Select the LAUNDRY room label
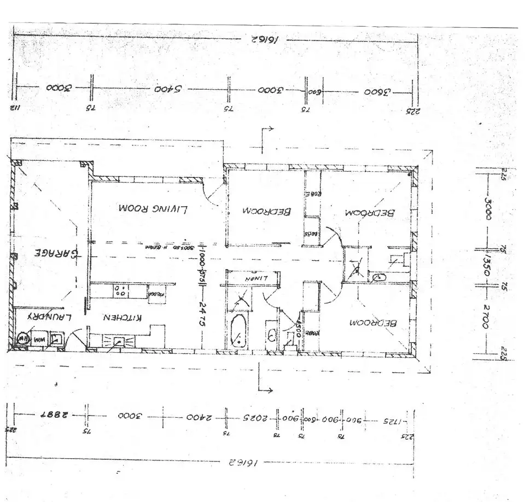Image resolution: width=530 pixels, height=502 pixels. click(x=44, y=317)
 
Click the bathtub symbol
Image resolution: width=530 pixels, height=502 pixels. click(x=238, y=330)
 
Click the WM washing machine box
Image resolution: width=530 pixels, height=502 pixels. click(x=39, y=340)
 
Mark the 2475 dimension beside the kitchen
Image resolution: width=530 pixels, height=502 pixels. click(x=202, y=314)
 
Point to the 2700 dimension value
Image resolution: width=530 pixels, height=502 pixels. click(x=487, y=317)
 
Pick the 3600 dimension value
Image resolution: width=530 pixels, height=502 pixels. click(x=377, y=91)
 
